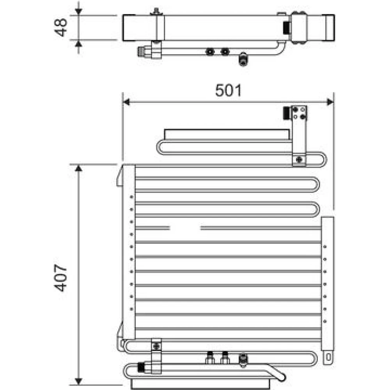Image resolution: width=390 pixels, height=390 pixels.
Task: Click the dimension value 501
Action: tap(228, 90)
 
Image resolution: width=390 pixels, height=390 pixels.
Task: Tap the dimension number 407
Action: tap(60, 278)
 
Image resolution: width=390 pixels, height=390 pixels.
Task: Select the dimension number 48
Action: tap(60, 27)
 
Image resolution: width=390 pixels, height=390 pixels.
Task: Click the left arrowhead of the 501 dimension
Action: tap(126, 102)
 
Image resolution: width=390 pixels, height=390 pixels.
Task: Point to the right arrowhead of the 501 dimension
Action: tap(330, 102)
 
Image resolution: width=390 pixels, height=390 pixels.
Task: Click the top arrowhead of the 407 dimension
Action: tap(79, 168)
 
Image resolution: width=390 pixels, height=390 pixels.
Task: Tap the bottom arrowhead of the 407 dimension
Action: tap(79, 381)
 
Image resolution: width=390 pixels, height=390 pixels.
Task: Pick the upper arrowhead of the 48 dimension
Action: tap(79, 11)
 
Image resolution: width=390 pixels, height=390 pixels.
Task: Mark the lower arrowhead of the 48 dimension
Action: tap(79, 44)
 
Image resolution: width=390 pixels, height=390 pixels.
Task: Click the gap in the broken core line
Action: tap(185, 228)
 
